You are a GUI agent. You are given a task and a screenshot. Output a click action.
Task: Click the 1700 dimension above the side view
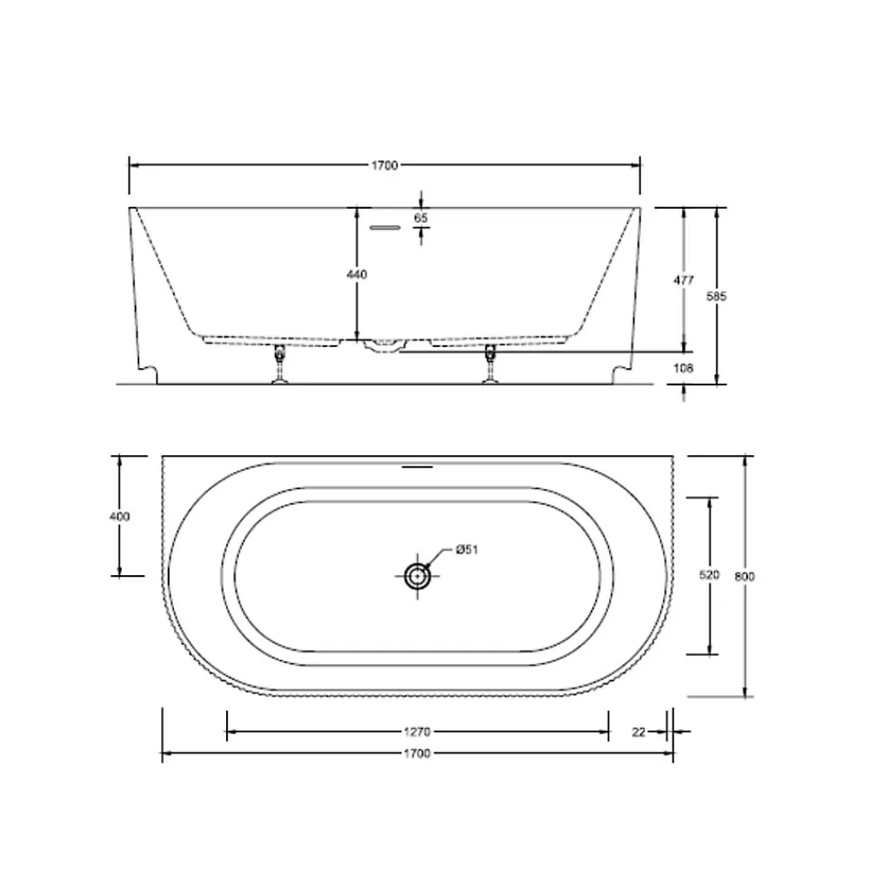(x=385, y=165)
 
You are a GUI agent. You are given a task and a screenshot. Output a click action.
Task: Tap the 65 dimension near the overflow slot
(x=421, y=218)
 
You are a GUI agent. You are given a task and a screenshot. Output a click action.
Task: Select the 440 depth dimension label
(x=357, y=274)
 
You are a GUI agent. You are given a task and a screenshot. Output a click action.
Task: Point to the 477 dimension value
(x=684, y=280)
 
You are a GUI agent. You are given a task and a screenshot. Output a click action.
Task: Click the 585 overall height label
(x=716, y=297)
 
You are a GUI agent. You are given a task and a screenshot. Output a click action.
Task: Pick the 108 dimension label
(x=683, y=368)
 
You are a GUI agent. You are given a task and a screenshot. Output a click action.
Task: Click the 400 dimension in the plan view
(x=119, y=517)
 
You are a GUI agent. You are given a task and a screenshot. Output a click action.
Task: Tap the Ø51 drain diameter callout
(x=466, y=550)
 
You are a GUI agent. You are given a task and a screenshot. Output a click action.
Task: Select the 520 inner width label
(x=709, y=575)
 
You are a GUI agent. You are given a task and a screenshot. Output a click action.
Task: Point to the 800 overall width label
(x=745, y=577)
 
